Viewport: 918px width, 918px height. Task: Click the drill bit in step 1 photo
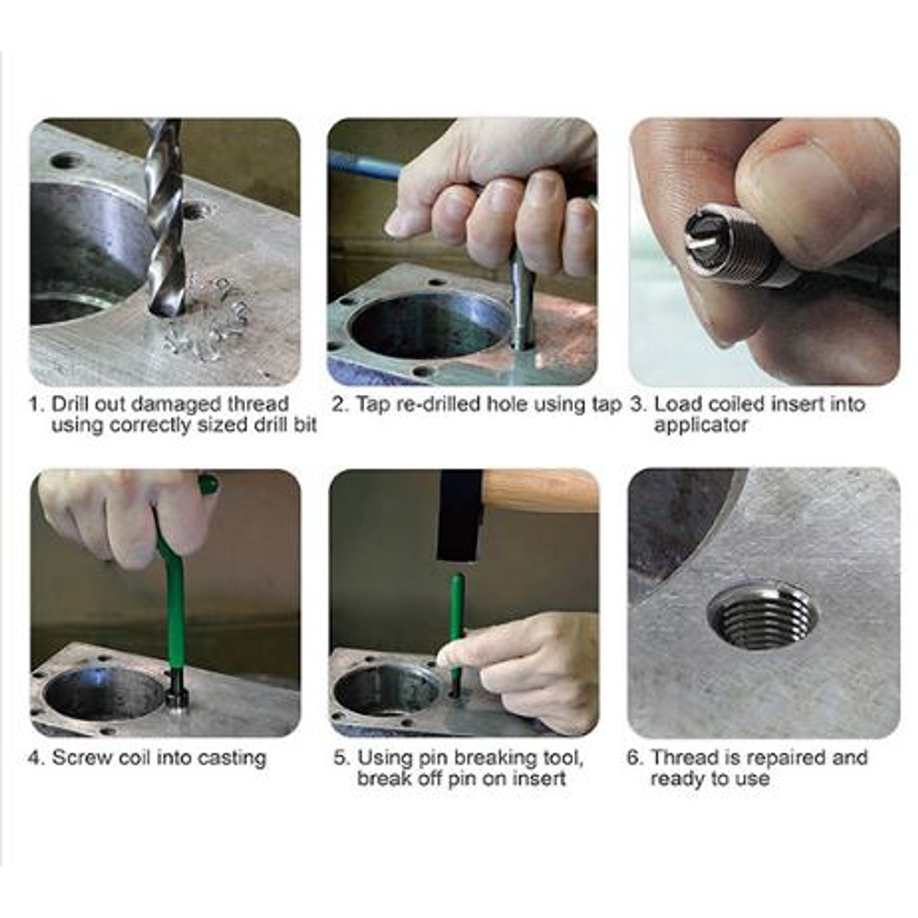[x=164, y=222]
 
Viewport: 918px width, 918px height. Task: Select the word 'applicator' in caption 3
[x=700, y=425]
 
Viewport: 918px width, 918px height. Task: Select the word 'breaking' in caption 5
[x=494, y=758]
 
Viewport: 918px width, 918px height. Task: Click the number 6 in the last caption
[x=634, y=758]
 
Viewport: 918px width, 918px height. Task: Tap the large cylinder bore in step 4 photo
[x=103, y=692]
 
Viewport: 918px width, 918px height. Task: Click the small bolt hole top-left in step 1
[x=67, y=161]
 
